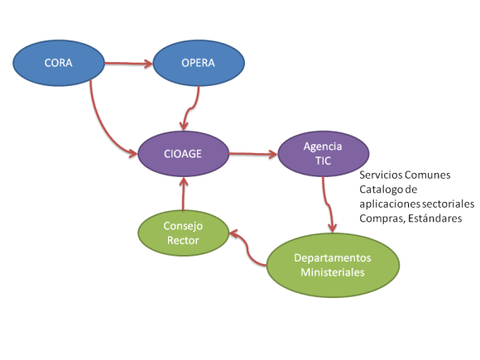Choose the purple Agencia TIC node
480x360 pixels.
[323, 153]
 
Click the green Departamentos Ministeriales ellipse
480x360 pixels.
[334, 265]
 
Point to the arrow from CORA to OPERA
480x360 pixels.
[127, 61]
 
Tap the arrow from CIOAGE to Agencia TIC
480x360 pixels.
[252, 153]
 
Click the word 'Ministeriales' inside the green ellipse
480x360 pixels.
[334, 273]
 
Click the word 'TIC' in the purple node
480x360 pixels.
[323, 161]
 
